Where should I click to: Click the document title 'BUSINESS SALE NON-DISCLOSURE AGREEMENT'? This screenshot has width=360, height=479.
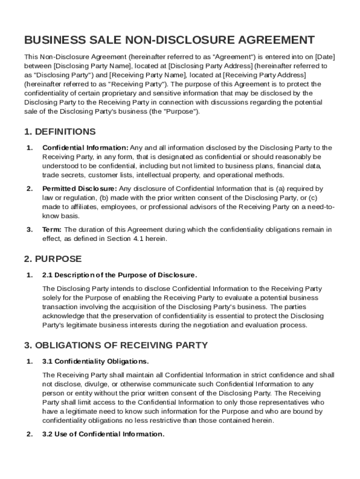(x=169, y=40)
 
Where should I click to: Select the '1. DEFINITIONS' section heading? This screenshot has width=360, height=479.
(x=60, y=131)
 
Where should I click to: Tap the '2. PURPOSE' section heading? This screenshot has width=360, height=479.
(x=53, y=259)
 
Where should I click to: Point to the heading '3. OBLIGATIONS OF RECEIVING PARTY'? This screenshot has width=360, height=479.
(x=116, y=345)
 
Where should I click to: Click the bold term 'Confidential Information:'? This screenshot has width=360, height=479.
(x=85, y=148)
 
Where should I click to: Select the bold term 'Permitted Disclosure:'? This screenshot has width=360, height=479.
(x=79, y=189)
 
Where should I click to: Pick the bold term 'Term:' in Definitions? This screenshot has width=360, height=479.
(x=52, y=230)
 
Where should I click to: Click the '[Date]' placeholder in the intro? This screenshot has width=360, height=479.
(x=324, y=57)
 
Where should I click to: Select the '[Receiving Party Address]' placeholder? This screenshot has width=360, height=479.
(x=265, y=75)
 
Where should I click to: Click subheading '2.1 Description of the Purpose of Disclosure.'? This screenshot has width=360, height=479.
(x=120, y=275)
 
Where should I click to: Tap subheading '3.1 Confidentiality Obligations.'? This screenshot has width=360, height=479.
(x=95, y=362)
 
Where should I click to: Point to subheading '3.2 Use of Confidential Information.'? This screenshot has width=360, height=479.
(x=103, y=434)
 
